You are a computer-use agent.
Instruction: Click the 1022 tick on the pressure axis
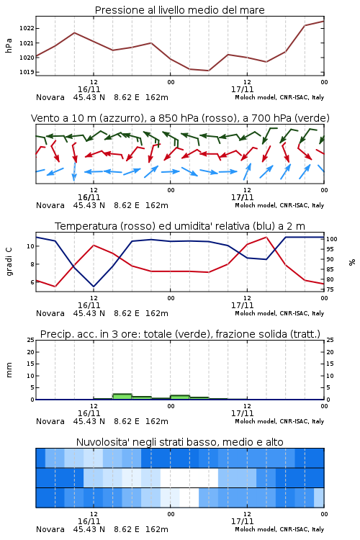click(27, 28)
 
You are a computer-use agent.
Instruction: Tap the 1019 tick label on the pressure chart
click(27, 72)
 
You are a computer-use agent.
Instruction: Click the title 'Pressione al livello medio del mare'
click(180, 10)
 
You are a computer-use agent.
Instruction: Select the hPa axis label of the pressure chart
click(9, 45)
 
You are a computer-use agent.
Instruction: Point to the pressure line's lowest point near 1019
click(208, 71)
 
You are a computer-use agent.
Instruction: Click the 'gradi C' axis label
click(9, 262)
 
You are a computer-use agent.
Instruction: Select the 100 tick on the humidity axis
click(332, 239)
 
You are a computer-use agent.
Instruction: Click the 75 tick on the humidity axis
click(330, 289)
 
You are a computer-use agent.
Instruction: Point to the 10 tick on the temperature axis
click(31, 246)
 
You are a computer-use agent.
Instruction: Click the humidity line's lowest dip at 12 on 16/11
click(94, 287)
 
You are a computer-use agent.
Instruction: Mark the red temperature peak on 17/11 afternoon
click(266, 237)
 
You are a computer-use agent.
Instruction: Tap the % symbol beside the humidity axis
click(352, 262)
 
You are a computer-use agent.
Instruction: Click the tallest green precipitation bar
click(122, 397)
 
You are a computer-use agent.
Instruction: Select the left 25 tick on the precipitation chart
click(31, 340)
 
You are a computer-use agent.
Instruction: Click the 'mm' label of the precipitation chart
click(9, 370)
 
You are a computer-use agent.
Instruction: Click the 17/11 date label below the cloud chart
click(243, 521)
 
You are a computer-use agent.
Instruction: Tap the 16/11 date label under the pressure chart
click(89, 89)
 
